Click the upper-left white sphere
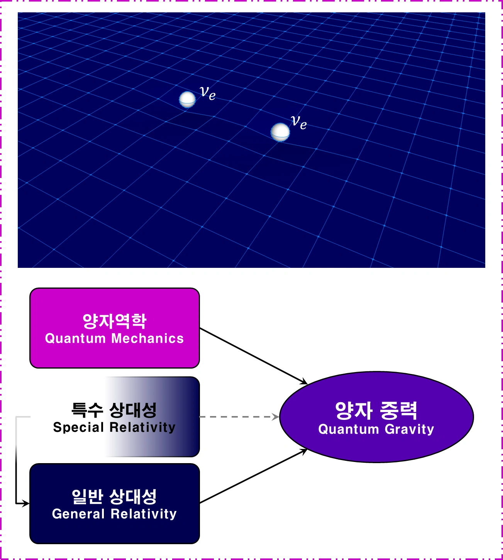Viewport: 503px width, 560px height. click(187, 99)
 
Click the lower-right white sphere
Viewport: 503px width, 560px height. click(280, 132)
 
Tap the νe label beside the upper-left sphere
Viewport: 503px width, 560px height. click(207, 93)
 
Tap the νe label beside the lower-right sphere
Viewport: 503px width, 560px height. click(299, 122)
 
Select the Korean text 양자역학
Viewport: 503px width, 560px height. click(115, 321)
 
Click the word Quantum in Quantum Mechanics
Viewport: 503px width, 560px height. click(76, 338)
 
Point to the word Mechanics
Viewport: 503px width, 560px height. click(147, 338)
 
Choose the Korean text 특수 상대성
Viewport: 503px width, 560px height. click(114, 410)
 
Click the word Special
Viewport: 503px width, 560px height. click(78, 427)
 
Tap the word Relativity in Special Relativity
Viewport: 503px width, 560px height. click(143, 427)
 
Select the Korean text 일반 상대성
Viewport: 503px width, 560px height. click(114, 497)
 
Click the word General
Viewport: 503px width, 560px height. click(78, 514)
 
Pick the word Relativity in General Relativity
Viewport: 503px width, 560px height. click(144, 514)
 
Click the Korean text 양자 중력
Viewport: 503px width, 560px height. click(376, 411)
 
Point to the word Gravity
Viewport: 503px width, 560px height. click(409, 430)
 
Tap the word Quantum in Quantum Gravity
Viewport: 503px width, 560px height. click(349, 429)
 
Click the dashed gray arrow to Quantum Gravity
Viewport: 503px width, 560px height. click(239, 416)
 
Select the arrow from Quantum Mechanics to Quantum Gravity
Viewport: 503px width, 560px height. click(254, 356)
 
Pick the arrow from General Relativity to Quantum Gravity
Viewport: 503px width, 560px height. click(254, 476)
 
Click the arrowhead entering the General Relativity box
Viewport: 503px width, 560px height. click(26, 503)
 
